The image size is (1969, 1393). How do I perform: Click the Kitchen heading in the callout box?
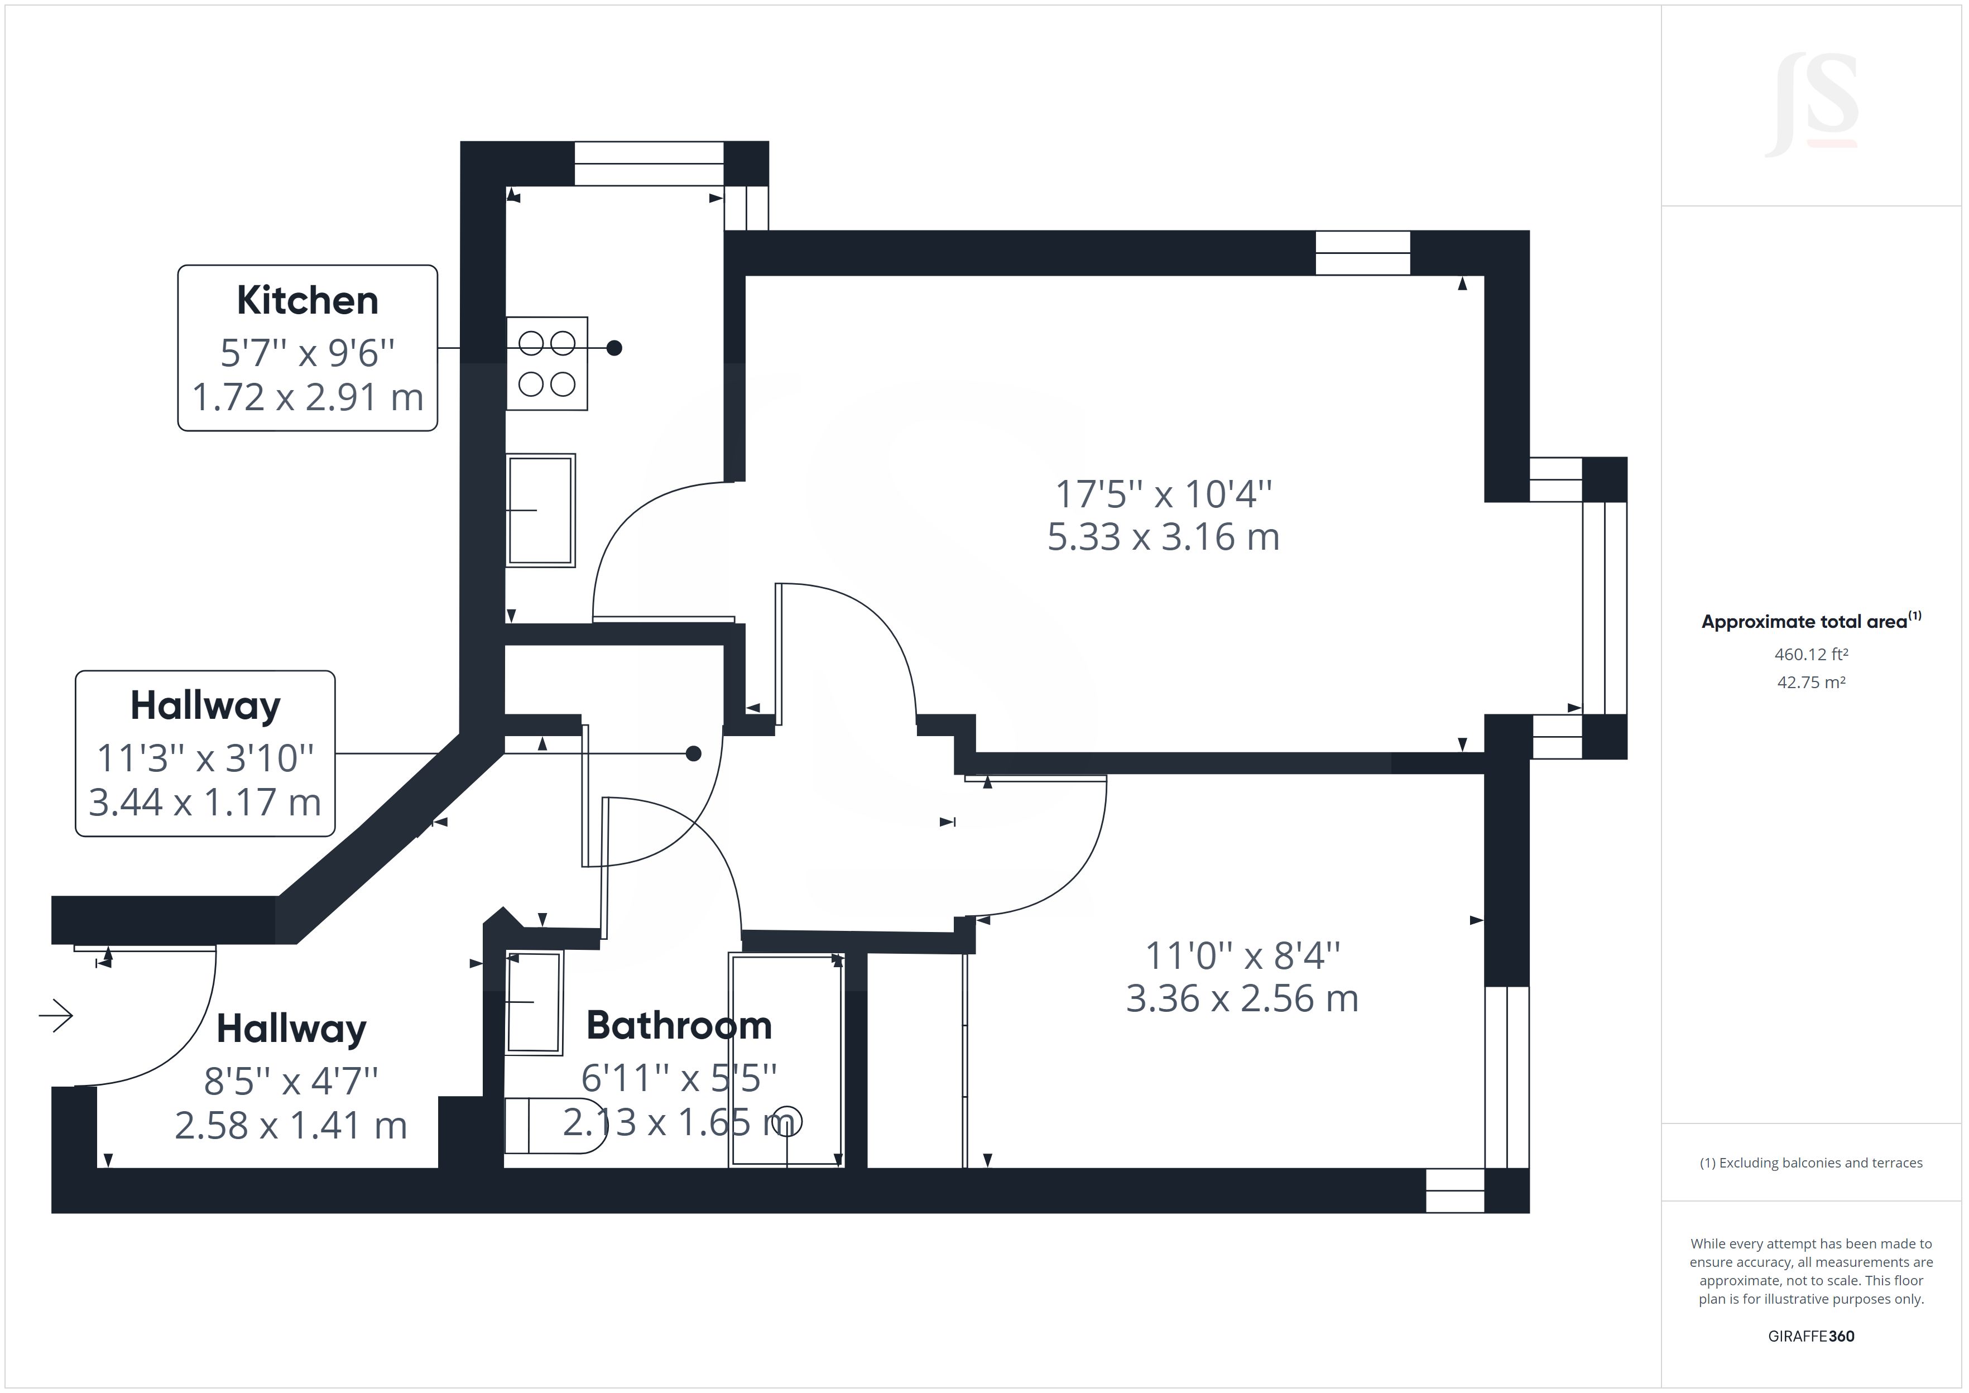pos(307,300)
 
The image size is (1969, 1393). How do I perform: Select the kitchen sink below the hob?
pos(540,510)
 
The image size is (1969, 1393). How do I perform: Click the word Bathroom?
pos(678,1026)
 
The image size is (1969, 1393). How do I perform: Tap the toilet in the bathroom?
pos(553,1125)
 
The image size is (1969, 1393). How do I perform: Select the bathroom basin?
pos(534,1002)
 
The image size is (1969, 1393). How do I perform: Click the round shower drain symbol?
pos(788,1121)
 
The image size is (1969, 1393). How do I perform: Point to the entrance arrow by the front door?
pos(56,1016)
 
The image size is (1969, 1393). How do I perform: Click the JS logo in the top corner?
pos(1810,105)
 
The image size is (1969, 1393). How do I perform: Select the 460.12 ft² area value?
pos(1810,655)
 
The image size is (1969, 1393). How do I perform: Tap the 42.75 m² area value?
pos(1810,683)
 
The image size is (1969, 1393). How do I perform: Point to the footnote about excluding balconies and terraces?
pos(1810,1163)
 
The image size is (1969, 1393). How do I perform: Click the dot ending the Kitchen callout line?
pos(614,348)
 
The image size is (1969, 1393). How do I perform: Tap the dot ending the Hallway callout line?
pos(694,754)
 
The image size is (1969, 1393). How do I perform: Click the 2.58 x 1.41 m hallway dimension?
pos(291,1125)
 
